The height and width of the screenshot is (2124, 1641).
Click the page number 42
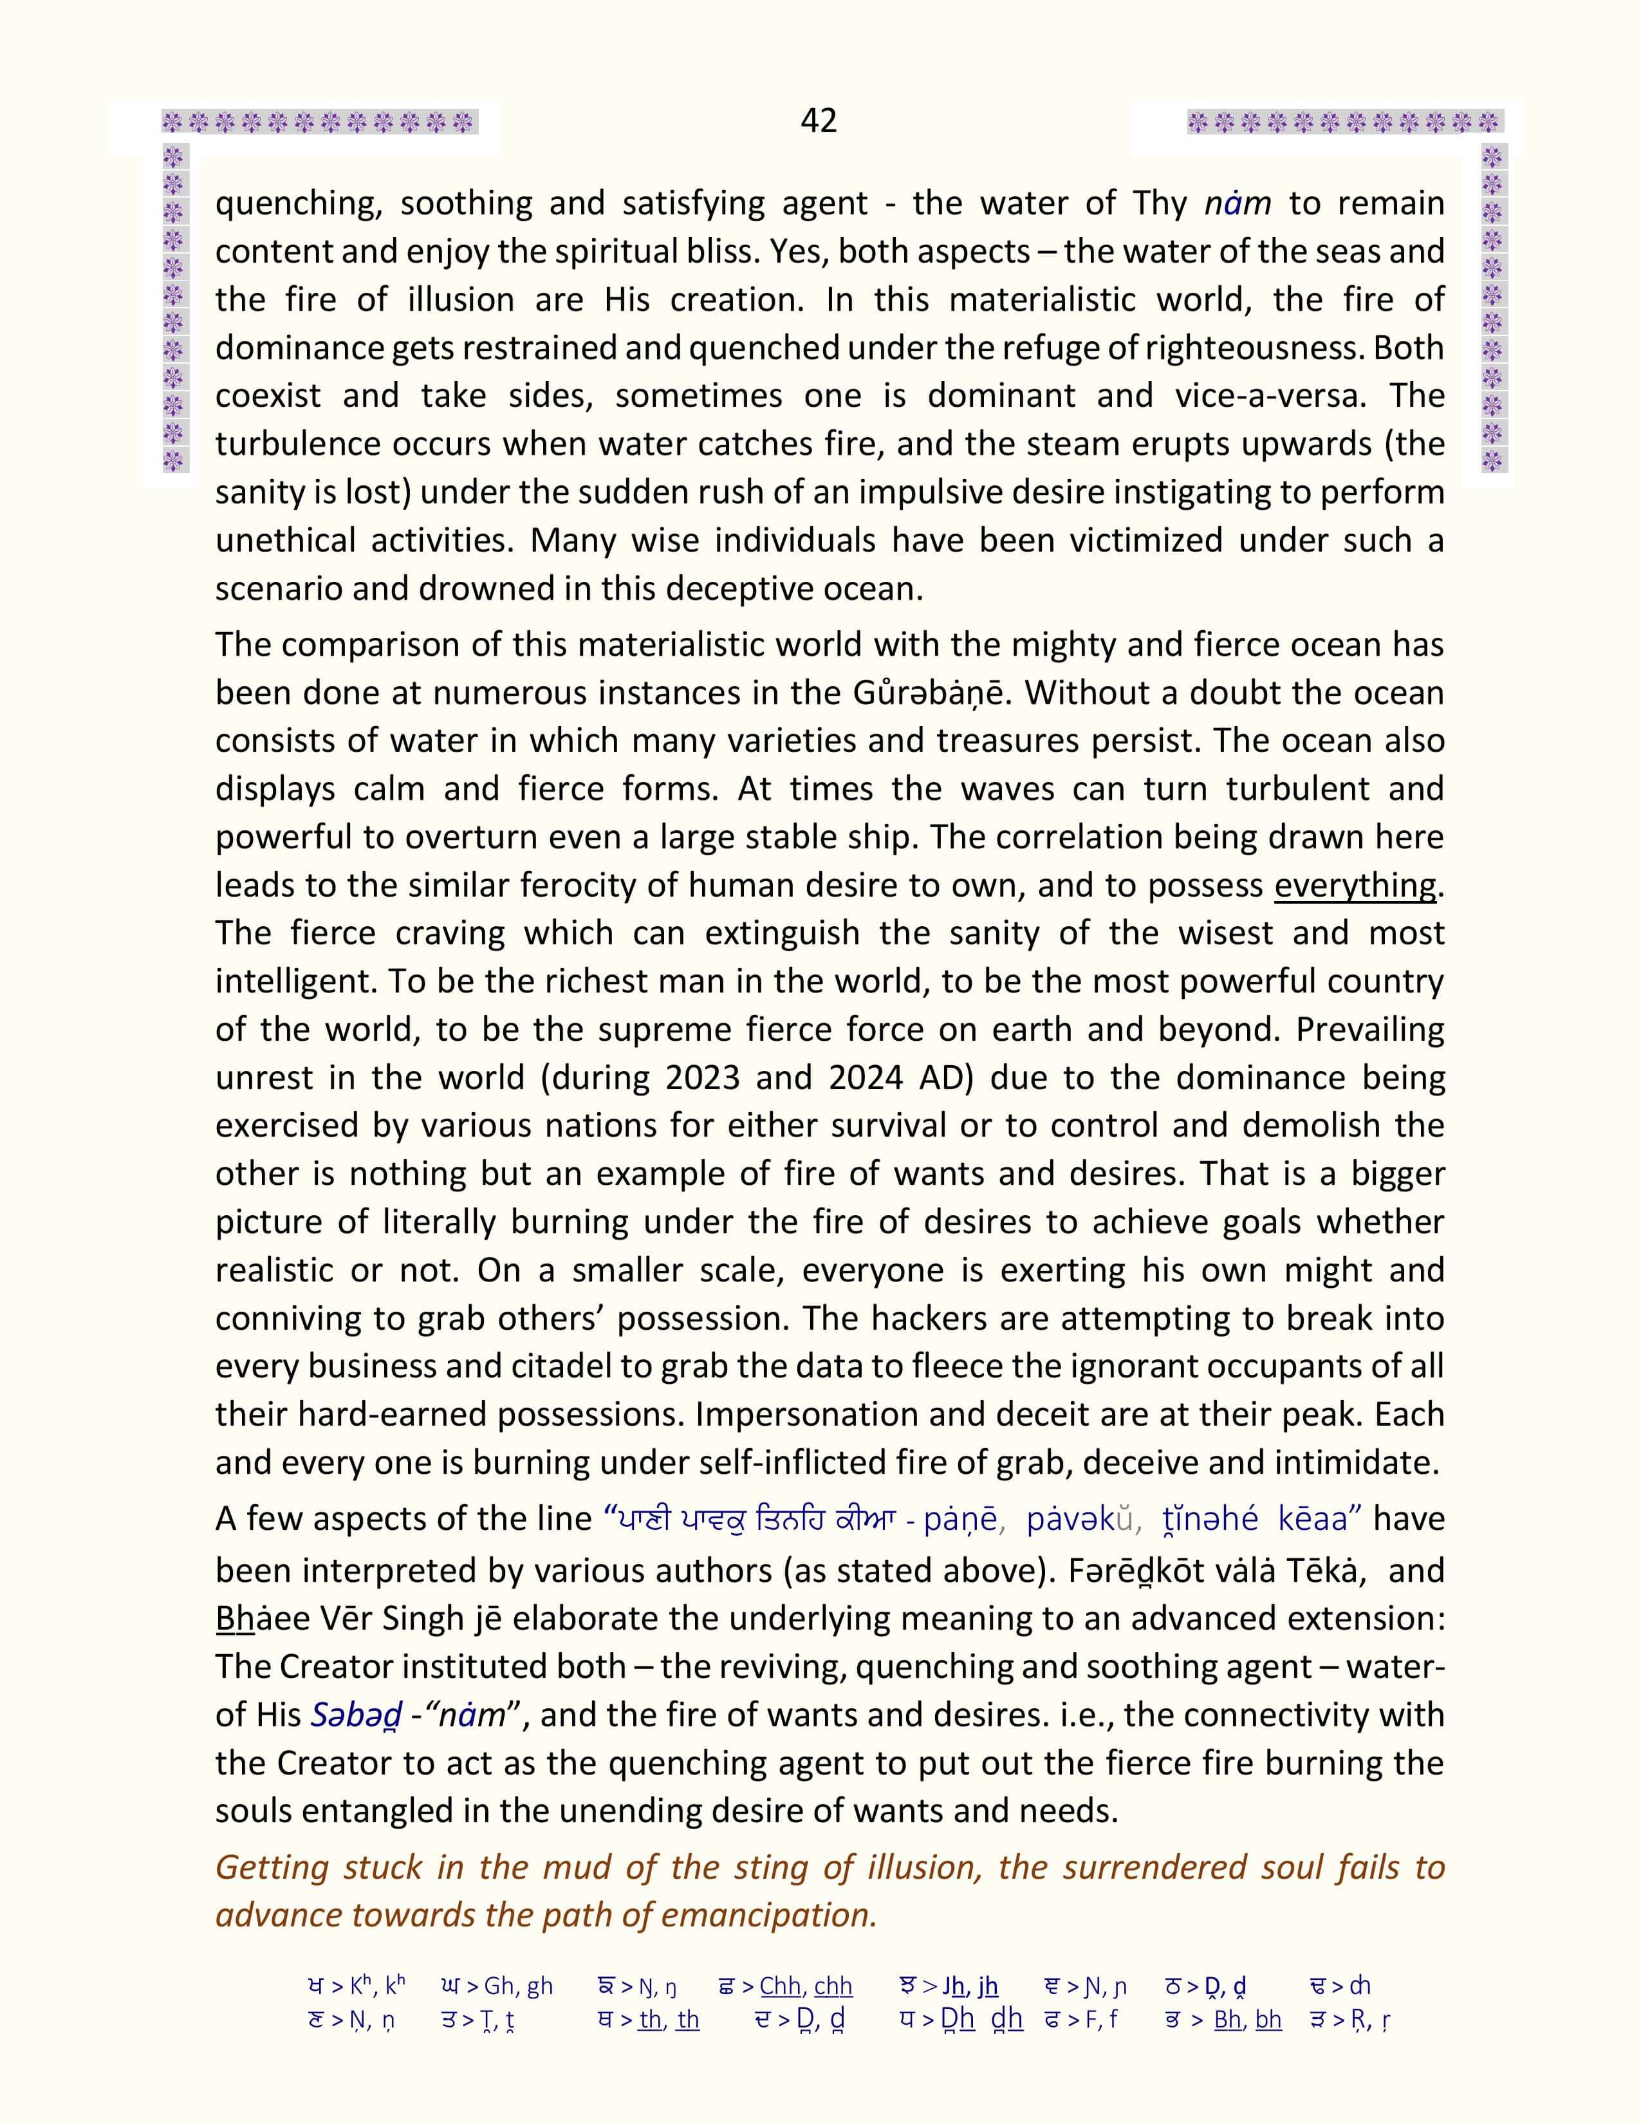(819, 120)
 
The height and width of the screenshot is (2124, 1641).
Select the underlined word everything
(1355, 885)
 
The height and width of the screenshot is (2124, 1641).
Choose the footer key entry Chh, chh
(805, 1986)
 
